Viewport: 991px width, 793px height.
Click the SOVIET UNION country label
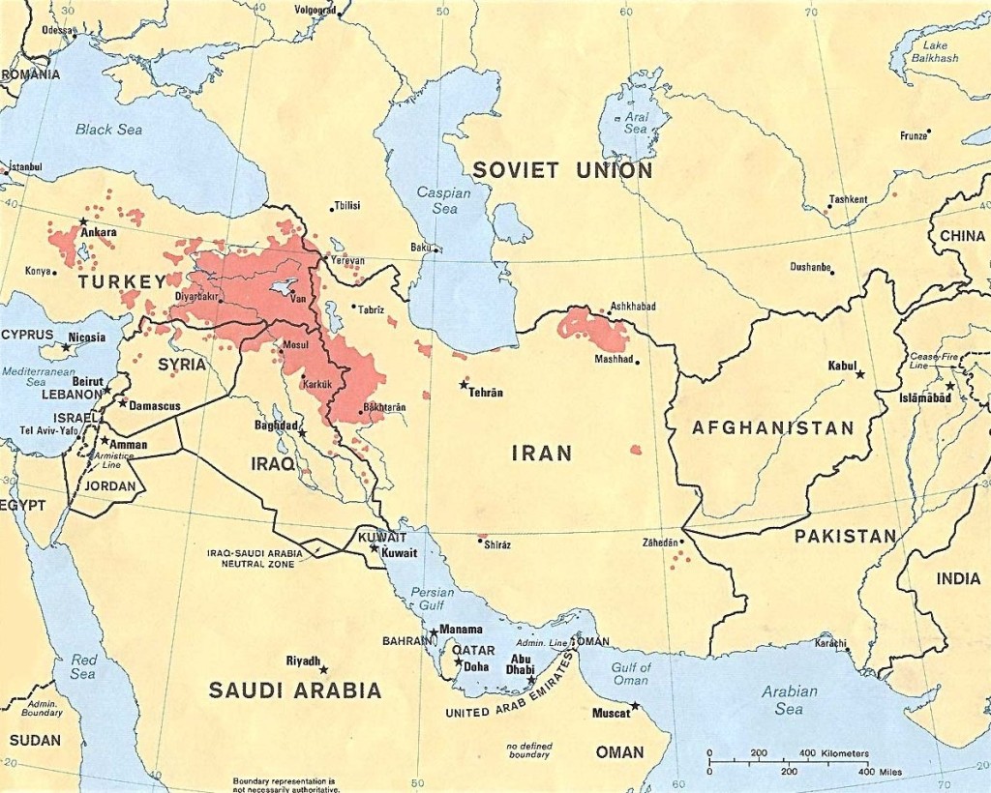tap(562, 171)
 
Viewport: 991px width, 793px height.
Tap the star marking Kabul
tap(859, 374)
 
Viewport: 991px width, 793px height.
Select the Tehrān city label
tap(486, 393)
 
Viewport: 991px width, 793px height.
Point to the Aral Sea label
tap(636, 122)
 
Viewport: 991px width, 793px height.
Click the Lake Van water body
tap(284, 287)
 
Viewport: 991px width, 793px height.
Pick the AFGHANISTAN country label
tap(773, 427)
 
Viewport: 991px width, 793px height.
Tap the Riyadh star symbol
tap(324, 669)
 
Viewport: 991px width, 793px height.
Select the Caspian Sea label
tap(443, 200)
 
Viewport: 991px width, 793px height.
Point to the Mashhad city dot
tap(637, 363)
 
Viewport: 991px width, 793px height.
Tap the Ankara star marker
tap(83, 221)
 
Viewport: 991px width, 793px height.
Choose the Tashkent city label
tap(848, 199)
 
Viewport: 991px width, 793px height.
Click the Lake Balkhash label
tap(934, 51)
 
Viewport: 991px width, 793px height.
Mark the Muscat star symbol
tap(635, 706)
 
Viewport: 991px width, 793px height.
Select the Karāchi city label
tap(830, 643)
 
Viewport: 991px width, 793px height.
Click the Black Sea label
tap(108, 130)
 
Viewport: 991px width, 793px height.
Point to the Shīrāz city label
tap(496, 544)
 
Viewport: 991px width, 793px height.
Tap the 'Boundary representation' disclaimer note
tap(284, 784)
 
